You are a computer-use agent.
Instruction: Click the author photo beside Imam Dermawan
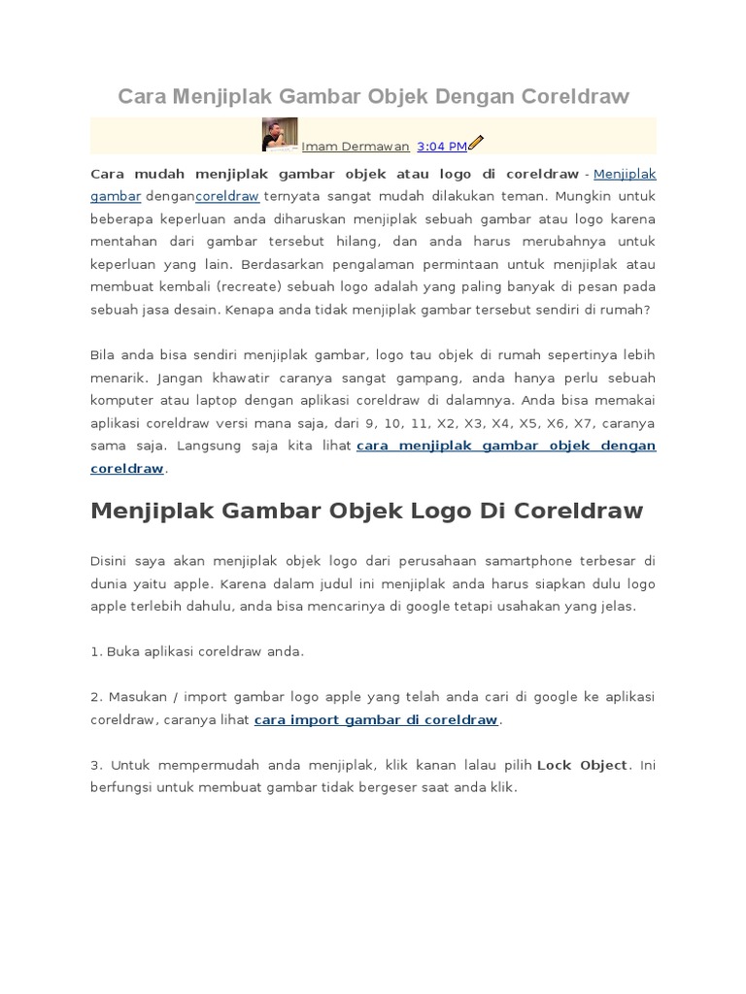[x=280, y=135]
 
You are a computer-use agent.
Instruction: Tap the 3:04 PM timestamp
[x=441, y=147]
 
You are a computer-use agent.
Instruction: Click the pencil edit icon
[x=476, y=144]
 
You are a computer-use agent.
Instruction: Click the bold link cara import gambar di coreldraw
[x=376, y=720]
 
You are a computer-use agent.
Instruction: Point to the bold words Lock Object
[x=582, y=765]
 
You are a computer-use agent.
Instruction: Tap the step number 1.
[x=94, y=651]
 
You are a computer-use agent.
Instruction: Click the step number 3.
[x=94, y=765]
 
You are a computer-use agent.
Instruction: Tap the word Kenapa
[x=248, y=310]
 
